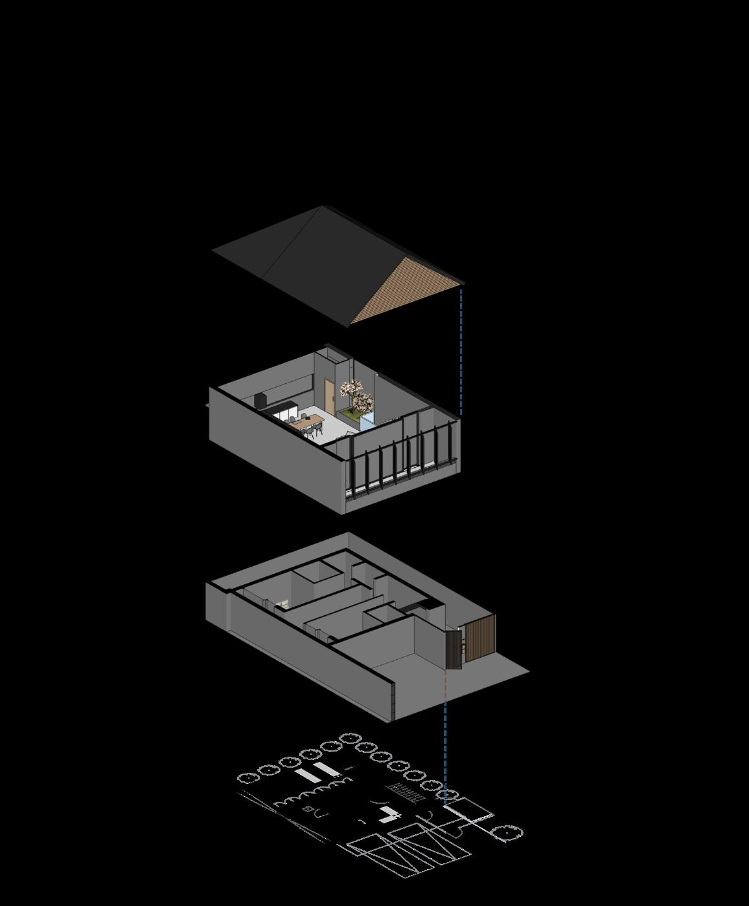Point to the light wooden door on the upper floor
point(330,395)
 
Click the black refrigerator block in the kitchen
point(261,400)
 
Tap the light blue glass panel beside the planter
point(366,422)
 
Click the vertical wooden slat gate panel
point(480,638)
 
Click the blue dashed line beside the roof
point(461,352)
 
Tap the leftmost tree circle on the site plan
point(248,780)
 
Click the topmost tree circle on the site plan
point(350,738)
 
